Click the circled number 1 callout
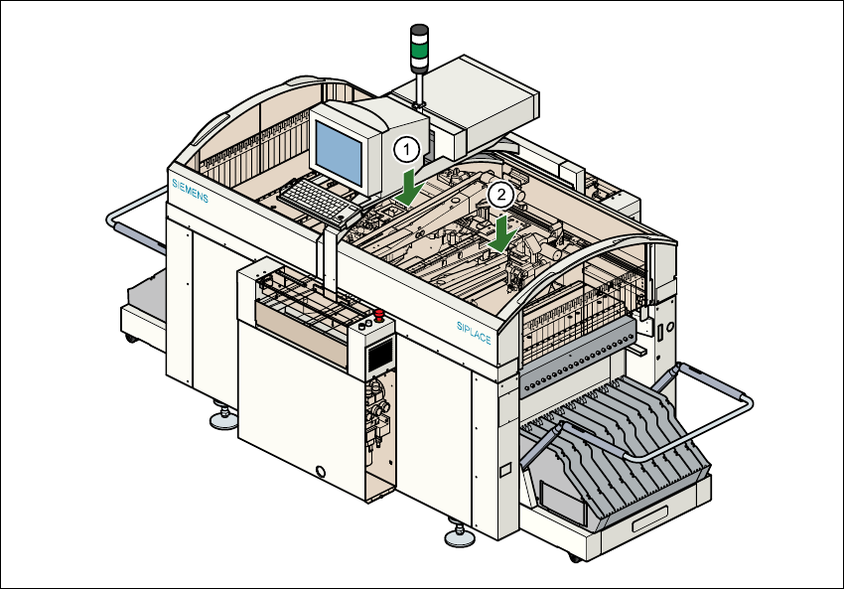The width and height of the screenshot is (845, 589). [x=406, y=150]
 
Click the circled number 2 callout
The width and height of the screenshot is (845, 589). [x=502, y=195]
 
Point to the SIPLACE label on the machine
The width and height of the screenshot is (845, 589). [x=475, y=332]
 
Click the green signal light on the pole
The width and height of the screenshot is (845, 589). [x=420, y=46]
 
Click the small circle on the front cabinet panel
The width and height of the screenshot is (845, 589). [x=320, y=471]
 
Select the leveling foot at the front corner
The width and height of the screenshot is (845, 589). [x=459, y=537]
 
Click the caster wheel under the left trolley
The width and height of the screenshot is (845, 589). [x=132, y=339]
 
